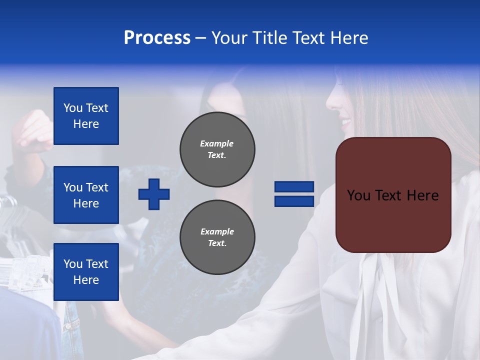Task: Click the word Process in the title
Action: pyautogui.click(x=157, y=38)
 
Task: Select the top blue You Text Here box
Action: pyautogui.click(x=86, y=116)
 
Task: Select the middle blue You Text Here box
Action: pyautogui.click(x=86, y=195)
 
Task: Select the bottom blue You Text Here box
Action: pyautogui.click(x=86, y=272)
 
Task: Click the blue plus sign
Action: pyautogui.click(x=154, y=194)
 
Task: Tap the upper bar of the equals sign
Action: pyautogui.click(x=294, y=186)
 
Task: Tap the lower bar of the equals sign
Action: pyautogui.click(x=294, y=201)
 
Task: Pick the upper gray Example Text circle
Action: pyautogui.click(x=217, y=149)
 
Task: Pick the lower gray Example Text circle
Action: pyautogui.click(x=217, y=237)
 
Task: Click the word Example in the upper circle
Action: pyautogui.click(x=217, y=143)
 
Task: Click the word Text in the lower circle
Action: pyautogui.click(x=217, y=243)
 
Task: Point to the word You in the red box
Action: pyautogui.click(x=358, y=195)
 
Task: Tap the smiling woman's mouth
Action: pyautogui.click(x=346, y=122)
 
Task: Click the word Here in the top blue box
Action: pyautogui.click(x=86, y=124)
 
